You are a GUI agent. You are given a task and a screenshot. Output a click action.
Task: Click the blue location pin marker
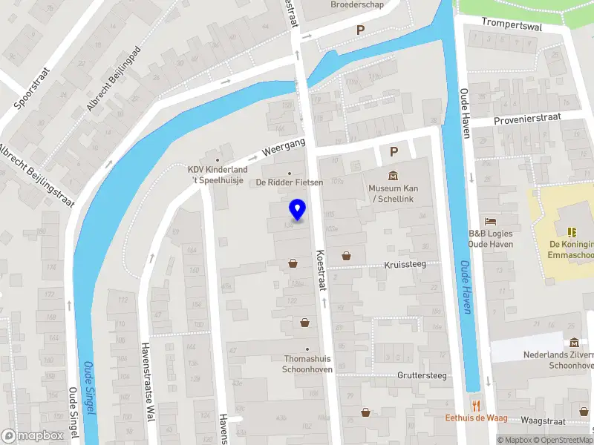(298, 209)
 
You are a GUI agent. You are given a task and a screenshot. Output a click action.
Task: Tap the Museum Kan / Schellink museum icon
(393, 176)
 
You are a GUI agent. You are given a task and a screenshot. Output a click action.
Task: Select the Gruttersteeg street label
(422, 376)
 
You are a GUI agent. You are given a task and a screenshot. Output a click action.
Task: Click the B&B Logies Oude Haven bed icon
(490, 221)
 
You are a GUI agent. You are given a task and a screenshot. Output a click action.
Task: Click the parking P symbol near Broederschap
(361, 30)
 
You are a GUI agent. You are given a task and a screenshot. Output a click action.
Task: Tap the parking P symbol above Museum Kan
(394, 151)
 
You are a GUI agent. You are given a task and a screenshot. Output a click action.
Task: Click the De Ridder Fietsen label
(289, 182)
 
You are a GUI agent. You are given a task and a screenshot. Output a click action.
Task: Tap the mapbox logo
(33, 435)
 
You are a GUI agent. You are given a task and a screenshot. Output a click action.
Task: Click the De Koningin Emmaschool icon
(572, 232)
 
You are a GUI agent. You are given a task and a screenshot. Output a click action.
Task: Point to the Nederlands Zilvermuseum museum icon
(574, 343)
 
